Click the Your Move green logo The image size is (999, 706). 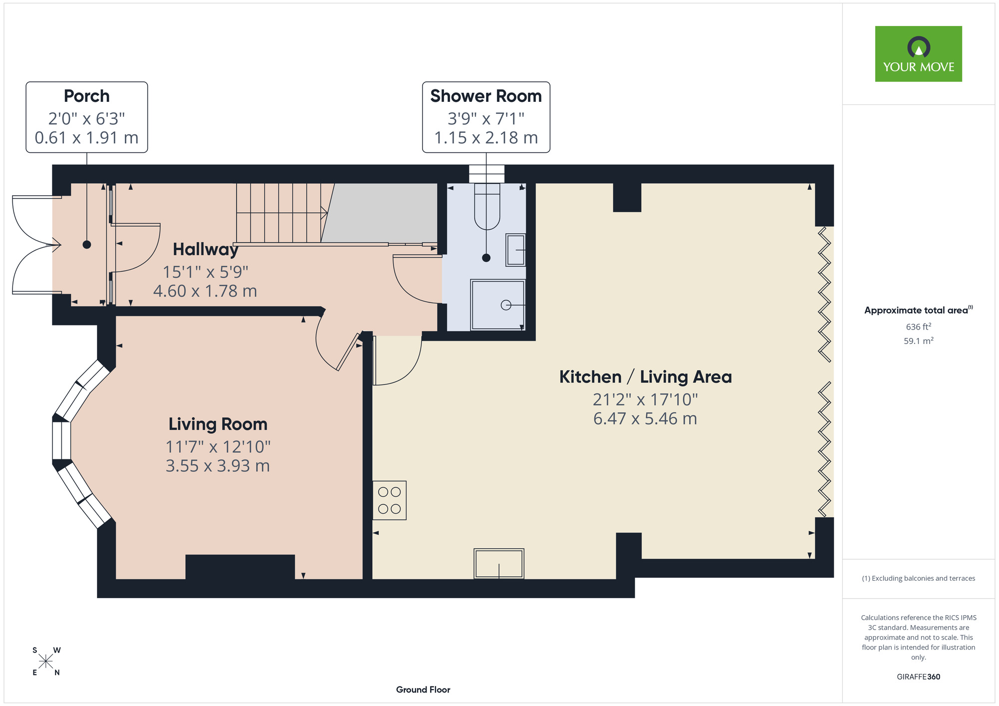coord(918,54)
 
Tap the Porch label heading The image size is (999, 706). coord(86,96)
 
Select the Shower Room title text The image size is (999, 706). coord(486,96)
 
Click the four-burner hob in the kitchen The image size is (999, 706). coord(390,500)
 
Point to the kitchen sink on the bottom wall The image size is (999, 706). coord(499,563)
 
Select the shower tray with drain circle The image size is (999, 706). coord(498,305)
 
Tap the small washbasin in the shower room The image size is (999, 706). coord(515,250)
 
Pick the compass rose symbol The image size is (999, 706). coord(46,662)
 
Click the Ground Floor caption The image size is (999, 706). coord(423,690)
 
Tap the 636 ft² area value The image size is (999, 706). coord(918,327)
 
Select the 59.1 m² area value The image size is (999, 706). coord(918,341)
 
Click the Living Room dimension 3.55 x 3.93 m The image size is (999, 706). coord(218,466)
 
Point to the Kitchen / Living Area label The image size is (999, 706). coord(645,376)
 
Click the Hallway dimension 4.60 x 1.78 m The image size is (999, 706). coord(205,291)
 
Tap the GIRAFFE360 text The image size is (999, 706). coord(918,677)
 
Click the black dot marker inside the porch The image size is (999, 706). coord(87,245)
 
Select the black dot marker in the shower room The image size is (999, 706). coord(486,258)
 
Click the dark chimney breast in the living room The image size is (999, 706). coord(240,567)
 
